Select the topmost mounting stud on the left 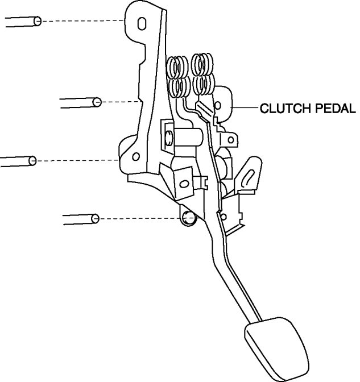click(23, 22)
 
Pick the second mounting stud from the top click(80, 102)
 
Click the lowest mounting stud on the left click(80, 218)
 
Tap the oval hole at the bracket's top click(141, 23)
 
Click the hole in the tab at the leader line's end click(218, 106)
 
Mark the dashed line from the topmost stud click(83, 21)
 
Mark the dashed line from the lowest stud click(139, 218)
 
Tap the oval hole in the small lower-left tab click(183, 182)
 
